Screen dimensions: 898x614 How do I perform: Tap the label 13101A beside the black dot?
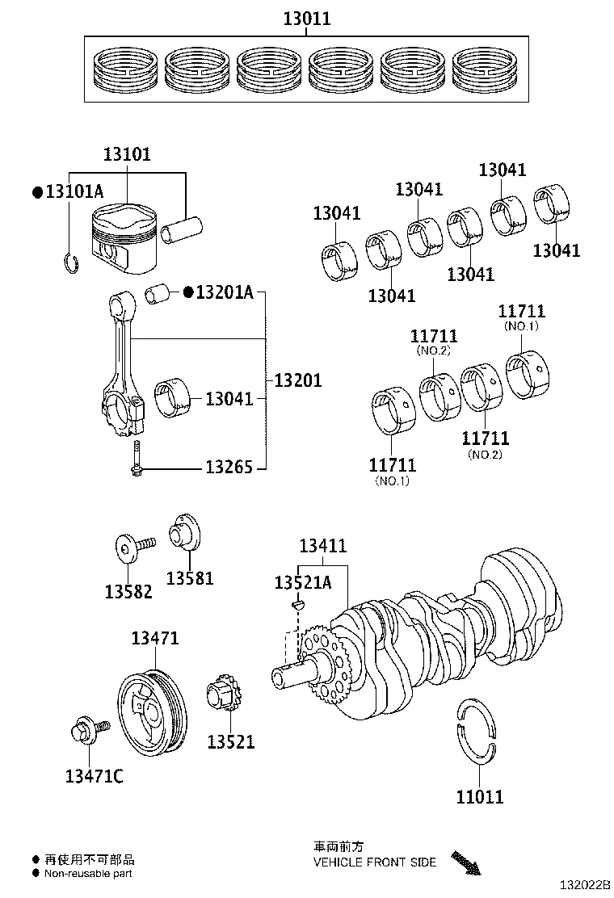pyautogui.click(x=74, y=191)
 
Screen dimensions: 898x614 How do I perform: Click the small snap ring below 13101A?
pyautogui.click(x=70, y=262)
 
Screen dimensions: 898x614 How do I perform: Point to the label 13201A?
pyautogui.click(x=225, y=292)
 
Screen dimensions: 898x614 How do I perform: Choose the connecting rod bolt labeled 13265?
pyautogui.click(x=136, y=459)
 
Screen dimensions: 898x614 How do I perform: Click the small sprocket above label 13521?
pyautogui.click(x=224, y=695)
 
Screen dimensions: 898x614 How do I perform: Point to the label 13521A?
pyautogui.click(x=302, y=582)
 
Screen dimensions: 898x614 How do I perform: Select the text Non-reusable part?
pyautogui.click(x=89, y=873)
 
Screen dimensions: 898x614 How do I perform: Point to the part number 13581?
pyautogui.click(x=190, y=578)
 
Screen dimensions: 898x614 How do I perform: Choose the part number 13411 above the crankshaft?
pyautogui.click(x=323, y=546)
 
